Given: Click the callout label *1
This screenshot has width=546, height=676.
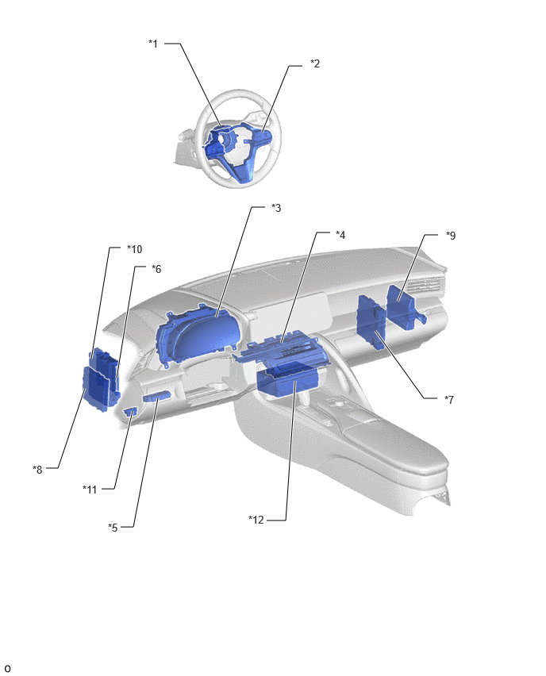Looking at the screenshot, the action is tap(153, 44).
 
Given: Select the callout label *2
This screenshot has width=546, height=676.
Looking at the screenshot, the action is tap(315, 63).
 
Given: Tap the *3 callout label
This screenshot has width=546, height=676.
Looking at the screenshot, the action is tap(276, 208).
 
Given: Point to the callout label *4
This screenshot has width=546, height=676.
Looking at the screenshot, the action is tap(340, 235).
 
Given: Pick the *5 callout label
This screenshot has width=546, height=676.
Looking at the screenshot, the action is tap(113, 528).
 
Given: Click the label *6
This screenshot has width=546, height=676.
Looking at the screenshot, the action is tap(156, 269).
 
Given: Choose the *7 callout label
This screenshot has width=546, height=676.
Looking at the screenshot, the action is tap(449, 400).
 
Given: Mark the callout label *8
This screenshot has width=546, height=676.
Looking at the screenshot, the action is tap(37, 470).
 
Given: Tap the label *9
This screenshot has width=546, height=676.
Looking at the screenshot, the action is tap(451, 236).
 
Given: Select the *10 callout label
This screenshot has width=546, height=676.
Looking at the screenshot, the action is tap(135, 249).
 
